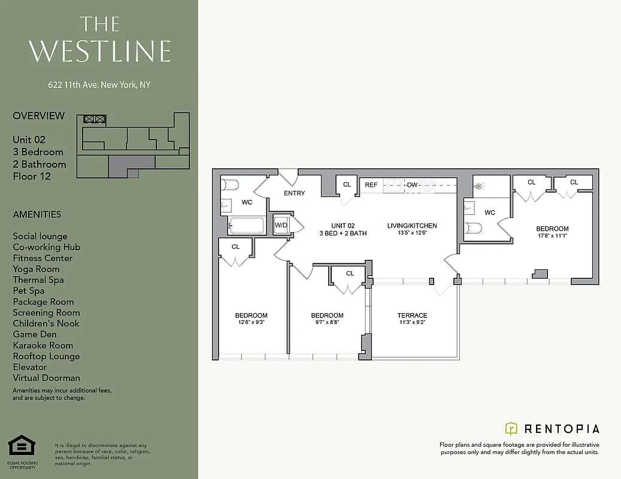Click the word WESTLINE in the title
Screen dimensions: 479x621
tap(100, 51)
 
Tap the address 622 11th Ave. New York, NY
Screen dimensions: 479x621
tap(99, 85)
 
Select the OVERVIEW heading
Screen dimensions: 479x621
tap(38, 116)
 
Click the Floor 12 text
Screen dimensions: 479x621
tap(32, 176)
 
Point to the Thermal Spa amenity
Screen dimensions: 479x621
tap(38, 280)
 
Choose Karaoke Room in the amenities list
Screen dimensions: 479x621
tap(43, 345)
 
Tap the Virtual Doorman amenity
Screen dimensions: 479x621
tap(46, 378)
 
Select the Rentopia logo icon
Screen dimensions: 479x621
tap(511, 428)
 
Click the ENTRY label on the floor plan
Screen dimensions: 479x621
tap(294, 193)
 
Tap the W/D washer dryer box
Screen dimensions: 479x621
tap(281, 225)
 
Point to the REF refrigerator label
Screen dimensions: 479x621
tap(371, 185)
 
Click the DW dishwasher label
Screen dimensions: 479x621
tap(412, 185)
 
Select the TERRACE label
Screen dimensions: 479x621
tap(412, 316)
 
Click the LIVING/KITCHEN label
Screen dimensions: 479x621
tap(412, 226)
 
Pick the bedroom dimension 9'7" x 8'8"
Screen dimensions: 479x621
tap(327, 323)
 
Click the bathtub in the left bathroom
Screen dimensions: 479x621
tap(247, 226)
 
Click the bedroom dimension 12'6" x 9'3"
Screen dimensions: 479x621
tap(251, 323)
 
